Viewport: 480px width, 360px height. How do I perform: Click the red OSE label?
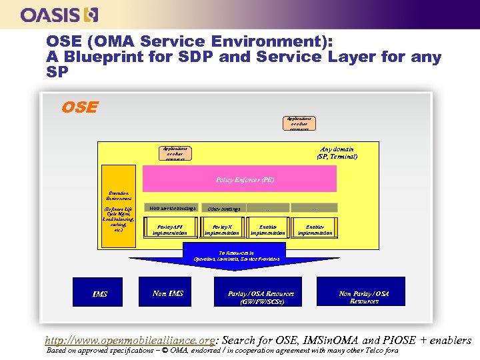[79, 107]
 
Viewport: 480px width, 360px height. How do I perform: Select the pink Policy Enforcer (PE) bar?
[245, 180]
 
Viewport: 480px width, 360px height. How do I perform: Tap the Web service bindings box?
[173, 208]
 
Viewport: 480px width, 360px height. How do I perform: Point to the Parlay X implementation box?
[222, 229]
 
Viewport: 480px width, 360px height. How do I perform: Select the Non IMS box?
[168, 293]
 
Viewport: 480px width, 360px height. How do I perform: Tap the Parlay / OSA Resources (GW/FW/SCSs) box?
[261, 297]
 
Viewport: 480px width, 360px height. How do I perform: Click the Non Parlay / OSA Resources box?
[364, 297]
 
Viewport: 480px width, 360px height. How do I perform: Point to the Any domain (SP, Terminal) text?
[338, 153]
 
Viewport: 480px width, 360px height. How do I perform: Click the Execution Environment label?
[119, 195]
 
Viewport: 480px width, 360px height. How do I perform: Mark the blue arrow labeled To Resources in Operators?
[237, 258]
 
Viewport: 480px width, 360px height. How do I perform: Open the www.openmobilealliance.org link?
[129, 339]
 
